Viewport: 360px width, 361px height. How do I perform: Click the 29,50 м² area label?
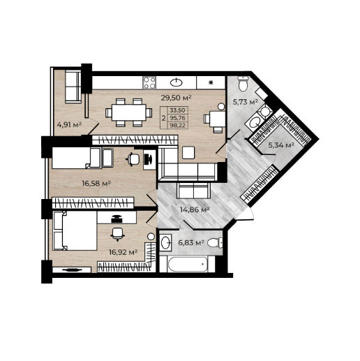pyautogui.click(x=176, y=98)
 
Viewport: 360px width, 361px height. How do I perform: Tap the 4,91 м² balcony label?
pyautogui.click(x=69, y=125)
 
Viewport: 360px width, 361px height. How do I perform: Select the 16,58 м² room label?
pyautogui.click(x=96, y=184)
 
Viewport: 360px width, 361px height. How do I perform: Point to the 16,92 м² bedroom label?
pyautogui.click(x=123, y=252)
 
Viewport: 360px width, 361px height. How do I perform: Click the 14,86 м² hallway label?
pyautogui.click(x=195, y=209)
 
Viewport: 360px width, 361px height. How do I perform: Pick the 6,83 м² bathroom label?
pyautogui.click(x=191, y=243)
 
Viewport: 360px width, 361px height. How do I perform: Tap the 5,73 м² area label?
pyautogui.click(x=246, y=102)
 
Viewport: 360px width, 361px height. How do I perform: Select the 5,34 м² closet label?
pyautogui.click(x=281, y=145)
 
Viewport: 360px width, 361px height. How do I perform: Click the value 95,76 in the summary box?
pyautogui.click(x=178, y=118)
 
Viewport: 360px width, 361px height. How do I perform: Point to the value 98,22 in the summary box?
pyautogui.click(x=178, y=126)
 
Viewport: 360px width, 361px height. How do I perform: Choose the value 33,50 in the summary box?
pyautogui.click(x=178, y=110)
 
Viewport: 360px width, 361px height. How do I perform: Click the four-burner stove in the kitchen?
pyautogui.click(x=149, y=82)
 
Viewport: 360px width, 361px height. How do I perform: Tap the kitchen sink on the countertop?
pyautogui.click(x=177, y=82)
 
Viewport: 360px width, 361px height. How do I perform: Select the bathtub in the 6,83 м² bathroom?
pyautogui.click(x=188, y=264)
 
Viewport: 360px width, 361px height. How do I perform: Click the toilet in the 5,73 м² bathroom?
pyautogui.click(x=243, y=84)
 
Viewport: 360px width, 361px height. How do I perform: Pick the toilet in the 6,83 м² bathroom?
pyautogui.click(x=215, y=243)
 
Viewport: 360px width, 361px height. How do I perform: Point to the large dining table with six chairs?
pyautogui.click(x=129, y=112)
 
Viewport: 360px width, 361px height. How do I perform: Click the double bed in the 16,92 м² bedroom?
pyautogui.click(x=75, y=230)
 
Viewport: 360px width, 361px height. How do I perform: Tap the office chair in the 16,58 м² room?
pyautogui.click(x=133, y=159)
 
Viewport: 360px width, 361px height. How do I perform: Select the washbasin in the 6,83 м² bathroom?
pyautogui.click(x=165, y=243)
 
